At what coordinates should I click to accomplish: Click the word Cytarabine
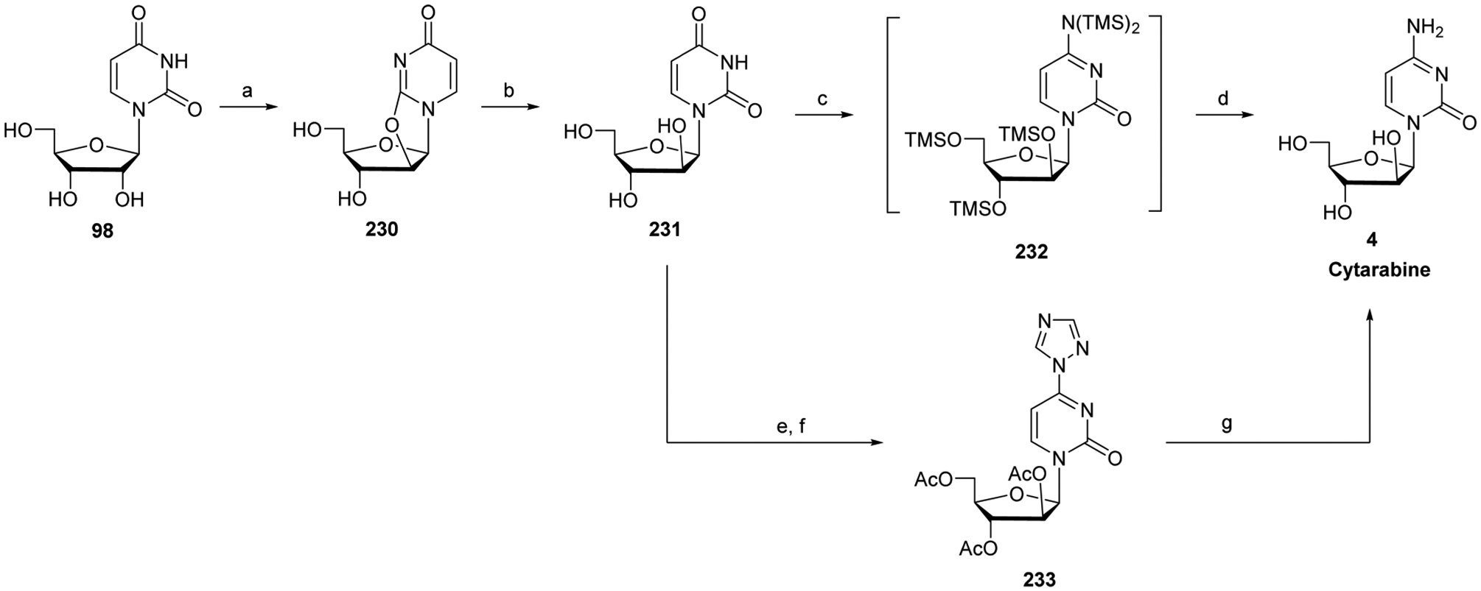pyautogui.click(x=1369, y=270)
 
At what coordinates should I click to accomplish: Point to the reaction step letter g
pyautogui.click(x=1227, y=425)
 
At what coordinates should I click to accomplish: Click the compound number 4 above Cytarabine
pyautogui.click(x=1369, y=240)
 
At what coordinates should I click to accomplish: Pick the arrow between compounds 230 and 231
pyautogui.click(x=508, y=107)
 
